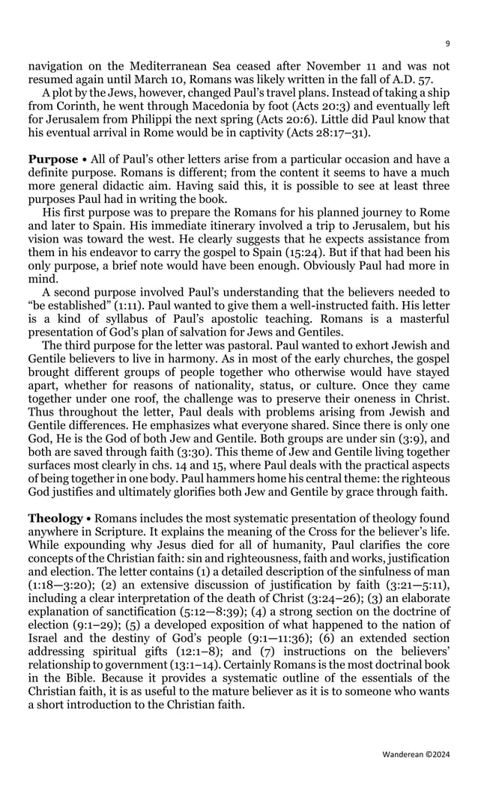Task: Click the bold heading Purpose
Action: (x=53, y=159)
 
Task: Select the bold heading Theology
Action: (x=55, y=518)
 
